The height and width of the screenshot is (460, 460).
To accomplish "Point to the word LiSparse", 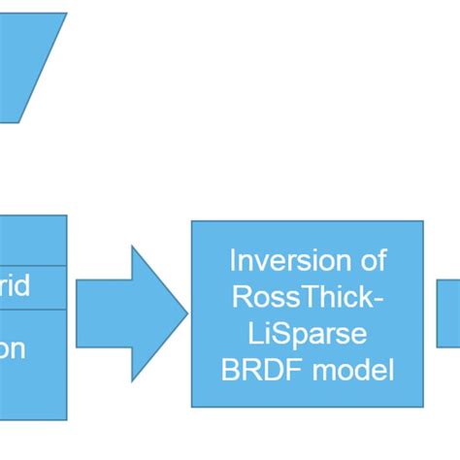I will coord(308,333).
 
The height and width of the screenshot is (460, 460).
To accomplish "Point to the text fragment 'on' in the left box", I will coord(12,348).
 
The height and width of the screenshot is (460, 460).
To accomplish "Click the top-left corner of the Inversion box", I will coord(192,222).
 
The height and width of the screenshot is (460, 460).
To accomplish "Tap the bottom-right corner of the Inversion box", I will coord(422,406).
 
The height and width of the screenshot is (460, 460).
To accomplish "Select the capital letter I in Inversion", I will coord(233,260).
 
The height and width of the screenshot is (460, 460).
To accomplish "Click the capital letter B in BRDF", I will coord(229,369).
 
